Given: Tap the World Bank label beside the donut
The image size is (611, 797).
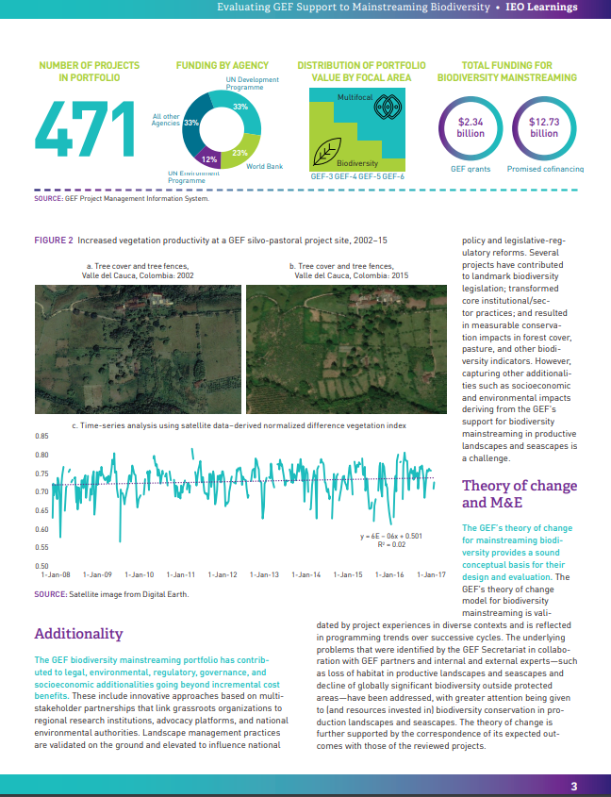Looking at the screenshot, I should [264, 166].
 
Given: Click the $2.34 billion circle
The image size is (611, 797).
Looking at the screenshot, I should [471, 127].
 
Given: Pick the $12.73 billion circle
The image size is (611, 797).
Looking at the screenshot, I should [544, 127].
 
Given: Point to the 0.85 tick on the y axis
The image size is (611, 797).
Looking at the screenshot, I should [41, 437].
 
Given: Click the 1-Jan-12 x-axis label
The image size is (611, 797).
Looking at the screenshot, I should [223, 573].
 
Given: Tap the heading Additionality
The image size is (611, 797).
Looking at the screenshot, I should [78, 633].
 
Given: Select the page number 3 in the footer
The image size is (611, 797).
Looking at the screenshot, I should [574, 787].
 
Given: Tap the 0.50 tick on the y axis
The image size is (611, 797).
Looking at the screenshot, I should [41, 565].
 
